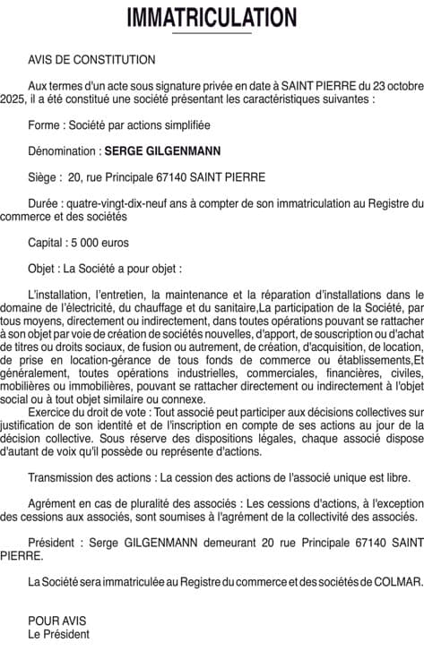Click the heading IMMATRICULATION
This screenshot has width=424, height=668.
[212, 17]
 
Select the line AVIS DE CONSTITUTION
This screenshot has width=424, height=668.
[91, 59]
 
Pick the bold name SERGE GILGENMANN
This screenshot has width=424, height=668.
[162, 150]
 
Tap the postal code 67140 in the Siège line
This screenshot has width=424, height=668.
[180, 177]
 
